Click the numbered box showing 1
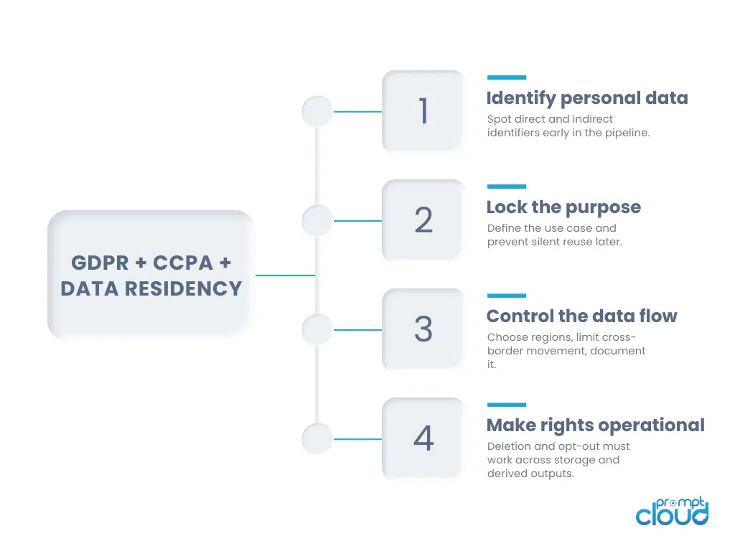pyautogui.click(x=423, y=111)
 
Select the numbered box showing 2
pyautogui.click(x=423, y=220)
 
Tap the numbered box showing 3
pyautogui.click(x=423, y=329)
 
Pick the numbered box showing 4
pyautogui.click(x=423, y=438)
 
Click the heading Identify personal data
pyautogui.click(x=587, y=98)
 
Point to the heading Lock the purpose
pyautogui.click(x=563, y=207)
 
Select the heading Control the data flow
pyautogui.click(x=581, y=316)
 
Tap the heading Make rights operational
pyautogui.click(x=595, y=425)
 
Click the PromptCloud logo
pyautogui.click(x=672, y=511)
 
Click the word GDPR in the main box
pyautogui.click(x=100, y=263)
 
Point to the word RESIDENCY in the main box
pyautogui.click(x=183, y=288)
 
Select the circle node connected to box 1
pyautogui.click(x=317, y=111)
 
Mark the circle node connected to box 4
pyautogui.click(x=317, y=439)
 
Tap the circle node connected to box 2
pyautogui.click(x=317, y=221)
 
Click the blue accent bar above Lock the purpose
pyautogui.click(x=506, y=187)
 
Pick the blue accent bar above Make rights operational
pyautogui.click(x=506, y=405)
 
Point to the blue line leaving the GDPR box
pyautogui.click(x=286, y=275)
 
